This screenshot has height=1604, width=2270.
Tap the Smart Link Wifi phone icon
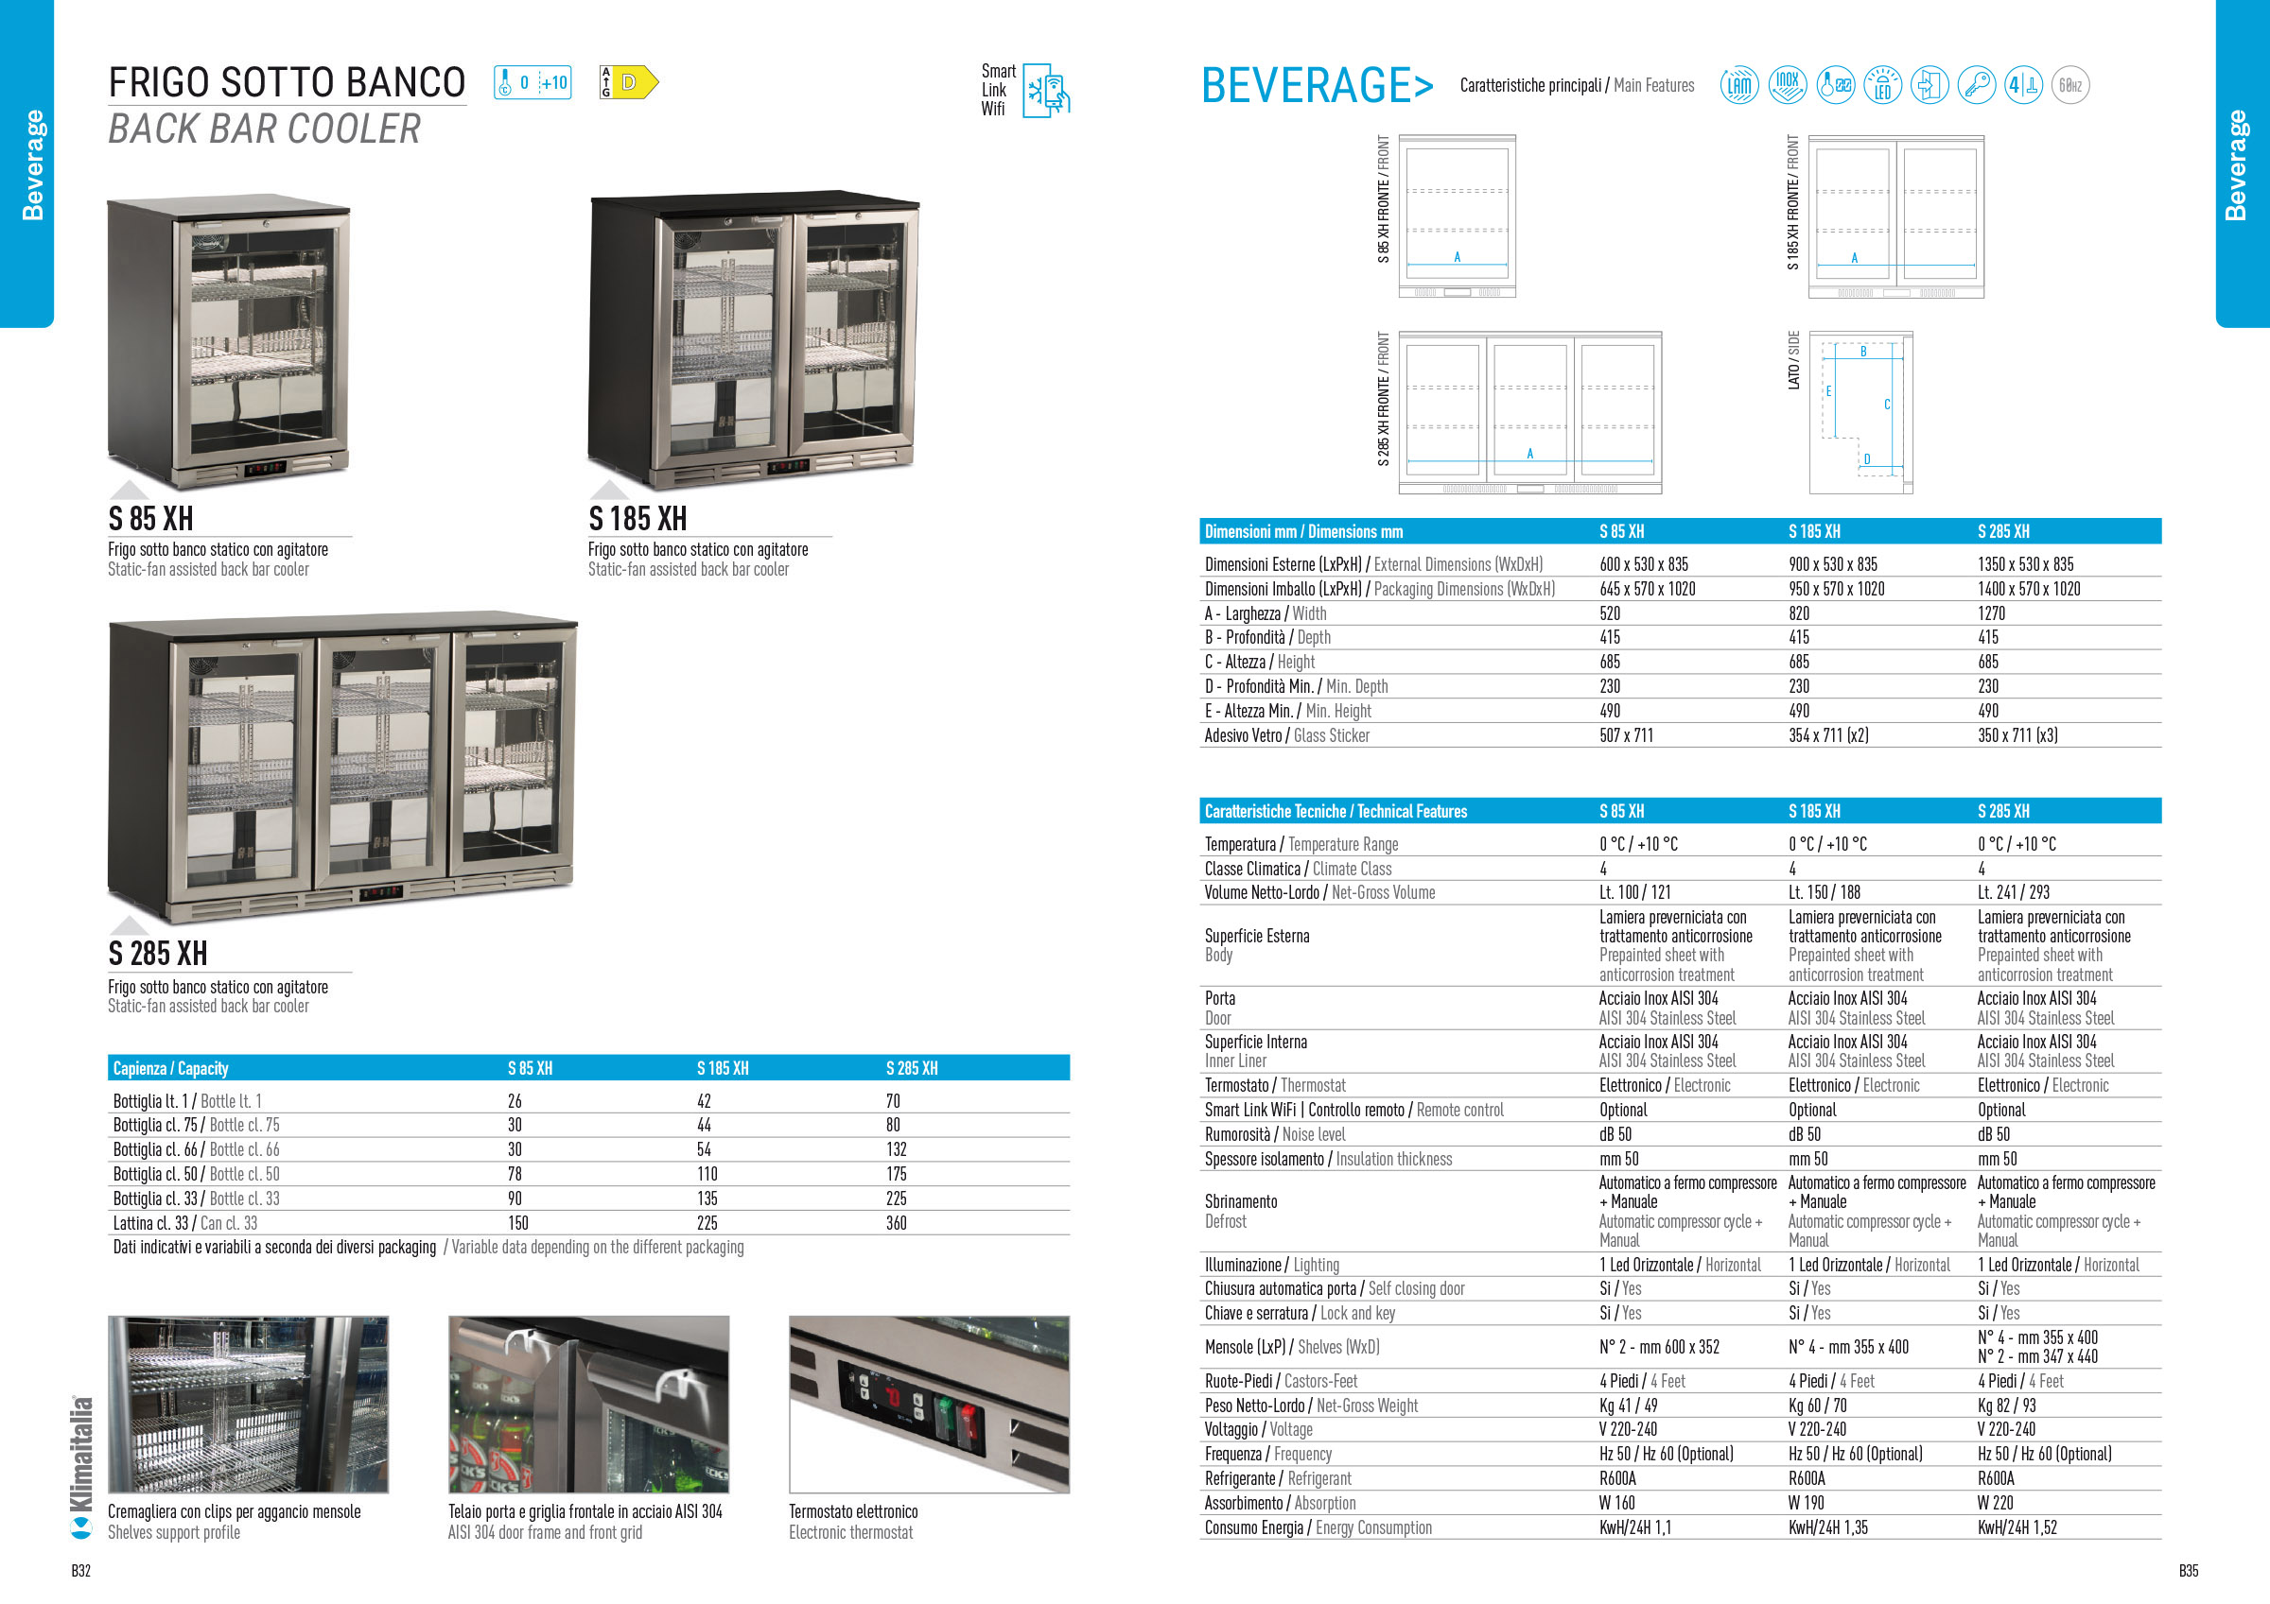(1045, 91)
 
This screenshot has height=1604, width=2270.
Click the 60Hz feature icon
(2069, 86)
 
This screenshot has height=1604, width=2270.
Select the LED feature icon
(1881, 86)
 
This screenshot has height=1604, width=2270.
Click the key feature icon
(1977, 86)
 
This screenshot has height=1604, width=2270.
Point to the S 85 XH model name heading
(150, 519)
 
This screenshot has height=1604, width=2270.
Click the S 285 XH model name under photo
(157, 954)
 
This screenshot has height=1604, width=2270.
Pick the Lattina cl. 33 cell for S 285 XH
(896, 1223)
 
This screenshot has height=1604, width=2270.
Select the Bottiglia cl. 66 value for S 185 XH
(704, 1149)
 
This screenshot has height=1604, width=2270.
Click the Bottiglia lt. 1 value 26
(515, 1101)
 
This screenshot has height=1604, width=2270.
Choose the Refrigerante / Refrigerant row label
(1276, 1478)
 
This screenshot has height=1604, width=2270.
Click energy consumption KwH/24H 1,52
(2017, 1526)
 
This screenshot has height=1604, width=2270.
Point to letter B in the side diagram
(1863, 352)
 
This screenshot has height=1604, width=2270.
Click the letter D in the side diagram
(1867, 459)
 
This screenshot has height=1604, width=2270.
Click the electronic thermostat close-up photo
(929, 1404)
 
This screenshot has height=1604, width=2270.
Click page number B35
(2188, 1570)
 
